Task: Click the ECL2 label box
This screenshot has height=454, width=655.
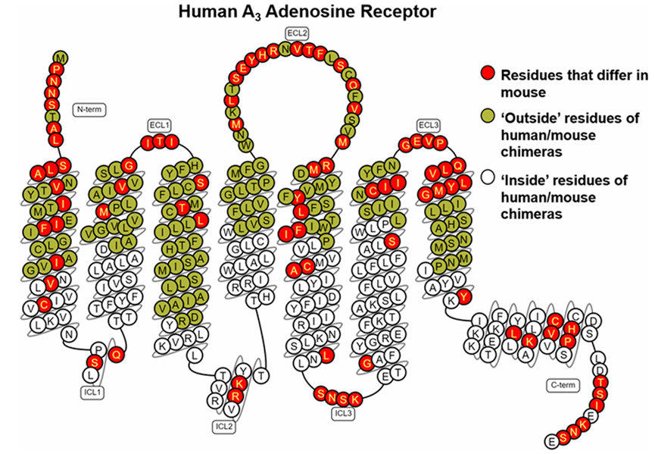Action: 298,33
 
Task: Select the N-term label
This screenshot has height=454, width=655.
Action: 89,110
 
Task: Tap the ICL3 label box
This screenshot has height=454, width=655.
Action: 343,413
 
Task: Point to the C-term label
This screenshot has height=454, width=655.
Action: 563,385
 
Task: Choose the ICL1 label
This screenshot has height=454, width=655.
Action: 92,392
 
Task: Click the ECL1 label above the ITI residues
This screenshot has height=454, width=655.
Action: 160,125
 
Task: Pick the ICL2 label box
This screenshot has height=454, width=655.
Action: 224,427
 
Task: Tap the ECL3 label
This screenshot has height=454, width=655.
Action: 429,125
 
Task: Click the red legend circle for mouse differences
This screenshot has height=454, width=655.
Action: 488,74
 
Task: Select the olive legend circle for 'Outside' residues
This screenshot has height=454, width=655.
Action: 488,117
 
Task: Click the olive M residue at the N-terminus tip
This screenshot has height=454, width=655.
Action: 61,58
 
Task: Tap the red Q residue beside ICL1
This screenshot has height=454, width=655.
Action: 116,355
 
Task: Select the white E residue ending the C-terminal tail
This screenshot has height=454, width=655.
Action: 552,441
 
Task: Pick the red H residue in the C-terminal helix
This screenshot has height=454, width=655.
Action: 572,329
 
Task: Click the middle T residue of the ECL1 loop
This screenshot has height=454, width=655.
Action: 159,142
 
